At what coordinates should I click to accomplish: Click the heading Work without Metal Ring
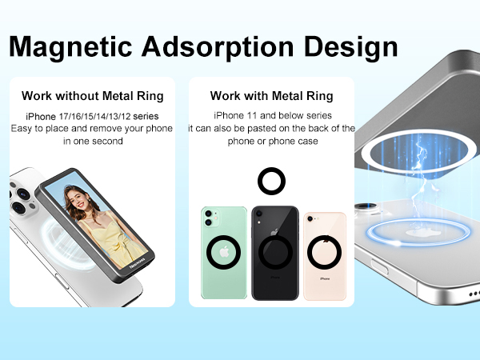93,96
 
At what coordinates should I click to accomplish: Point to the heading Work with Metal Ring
271,96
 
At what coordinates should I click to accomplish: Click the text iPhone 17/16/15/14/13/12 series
92,117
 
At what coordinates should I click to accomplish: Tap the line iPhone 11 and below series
271,116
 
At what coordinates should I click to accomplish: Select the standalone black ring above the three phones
271,181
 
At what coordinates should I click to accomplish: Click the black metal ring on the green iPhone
225,254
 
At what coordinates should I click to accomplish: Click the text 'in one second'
92,141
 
